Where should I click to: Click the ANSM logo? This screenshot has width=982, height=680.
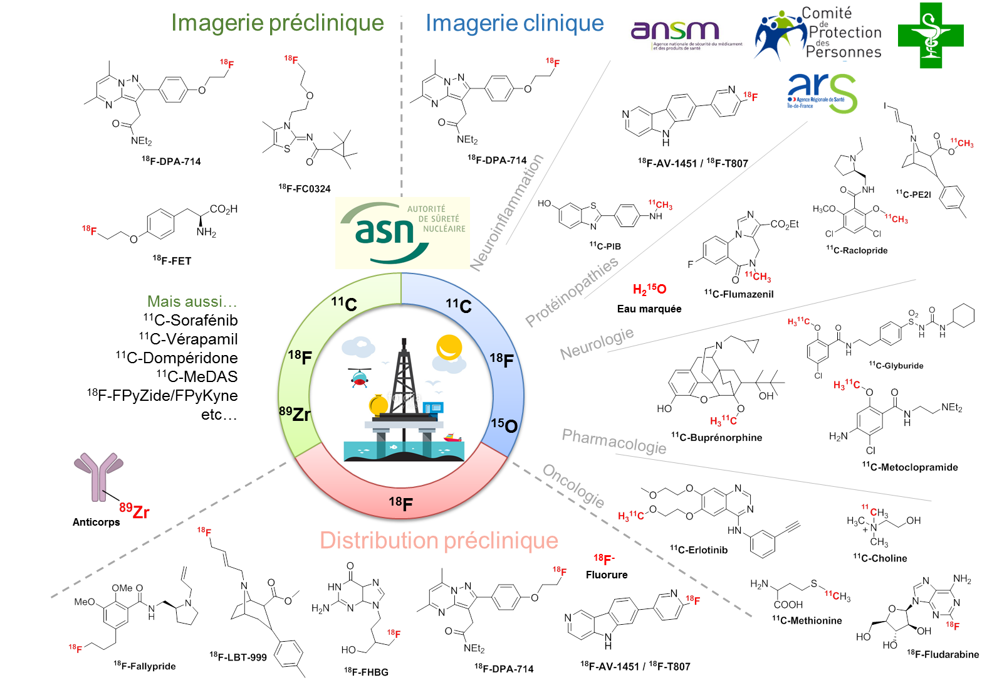point(686,35)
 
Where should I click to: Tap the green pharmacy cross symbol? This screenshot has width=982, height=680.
point(930,36)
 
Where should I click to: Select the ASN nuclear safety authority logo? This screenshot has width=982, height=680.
point(402,233)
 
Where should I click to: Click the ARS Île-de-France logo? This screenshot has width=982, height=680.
point(822,93)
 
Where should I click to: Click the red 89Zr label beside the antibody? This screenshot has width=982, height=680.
point(134,511)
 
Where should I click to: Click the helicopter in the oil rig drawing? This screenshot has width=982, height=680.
point(360,377)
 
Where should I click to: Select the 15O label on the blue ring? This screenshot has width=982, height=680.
point(504,425)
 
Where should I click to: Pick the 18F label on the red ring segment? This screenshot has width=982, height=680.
point(400,503)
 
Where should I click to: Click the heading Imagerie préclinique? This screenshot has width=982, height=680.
point(278,23)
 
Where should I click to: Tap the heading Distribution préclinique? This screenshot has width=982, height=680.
point(439,541)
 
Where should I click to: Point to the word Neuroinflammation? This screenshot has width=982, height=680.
point(507,213)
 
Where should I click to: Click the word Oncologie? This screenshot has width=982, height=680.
point(573,486)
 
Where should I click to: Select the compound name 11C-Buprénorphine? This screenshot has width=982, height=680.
point(716,437)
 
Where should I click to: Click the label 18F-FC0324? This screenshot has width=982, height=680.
point(304,188)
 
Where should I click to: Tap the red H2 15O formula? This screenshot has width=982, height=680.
point(649,289)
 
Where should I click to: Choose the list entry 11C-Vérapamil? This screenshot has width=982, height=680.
point(189,339)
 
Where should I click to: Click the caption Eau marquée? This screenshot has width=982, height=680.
point(649,309)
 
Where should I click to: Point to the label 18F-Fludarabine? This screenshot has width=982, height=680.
point(943,654)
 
